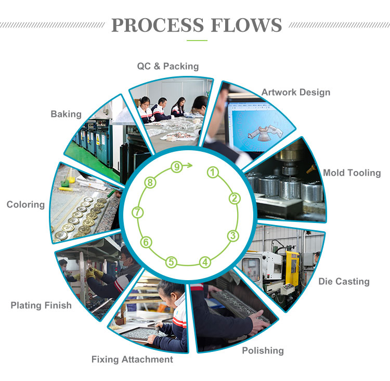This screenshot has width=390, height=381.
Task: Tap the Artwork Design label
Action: (x=295, y=93)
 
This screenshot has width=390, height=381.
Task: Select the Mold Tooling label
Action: (x=352, y=173)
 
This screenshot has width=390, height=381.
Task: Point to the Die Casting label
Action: (x=344, y=281)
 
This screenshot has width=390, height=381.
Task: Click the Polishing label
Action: (x=263, y=350)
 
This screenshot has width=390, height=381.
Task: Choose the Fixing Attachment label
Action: (x=132, y=359)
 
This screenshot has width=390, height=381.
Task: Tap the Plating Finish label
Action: (x=41, y=305)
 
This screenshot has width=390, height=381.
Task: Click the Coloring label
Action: (x=25, y=204)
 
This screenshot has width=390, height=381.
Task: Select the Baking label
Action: (x=66, y=114)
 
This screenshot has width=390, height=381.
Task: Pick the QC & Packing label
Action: (x=168, y=66)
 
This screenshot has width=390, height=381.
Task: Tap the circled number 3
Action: (x=233, y=235)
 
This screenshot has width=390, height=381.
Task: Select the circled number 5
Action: (x=172, y=262)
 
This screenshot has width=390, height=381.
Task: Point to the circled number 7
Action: (x=137, y=212)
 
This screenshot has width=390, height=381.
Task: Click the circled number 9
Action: (x=177, y=167)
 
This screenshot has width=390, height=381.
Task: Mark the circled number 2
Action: (x=235, y=198)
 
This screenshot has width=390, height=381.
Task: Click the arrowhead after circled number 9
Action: (x=190, y=166)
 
